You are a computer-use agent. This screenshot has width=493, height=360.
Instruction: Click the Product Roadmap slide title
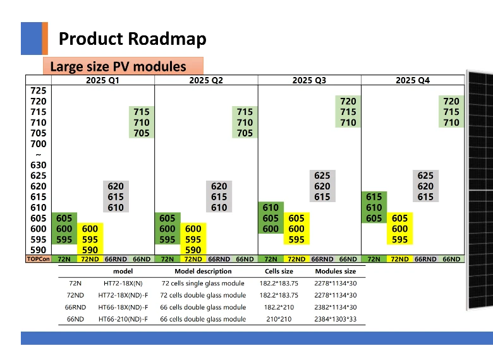point(132,39)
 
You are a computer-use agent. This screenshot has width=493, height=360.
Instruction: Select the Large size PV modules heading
point(118,66)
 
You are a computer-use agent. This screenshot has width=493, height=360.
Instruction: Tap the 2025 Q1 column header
point(102,80)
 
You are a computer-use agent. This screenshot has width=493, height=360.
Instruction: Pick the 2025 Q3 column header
point(309,80)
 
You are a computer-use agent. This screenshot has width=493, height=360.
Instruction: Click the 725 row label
point(38,91)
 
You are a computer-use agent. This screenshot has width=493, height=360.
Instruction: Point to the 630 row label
point(38,165)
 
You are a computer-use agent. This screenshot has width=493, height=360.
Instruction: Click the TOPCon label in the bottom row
point(38,259)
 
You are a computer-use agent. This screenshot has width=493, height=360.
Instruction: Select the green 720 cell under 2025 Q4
point(451,101)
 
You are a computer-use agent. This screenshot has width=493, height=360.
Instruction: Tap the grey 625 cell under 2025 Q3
point(322,176)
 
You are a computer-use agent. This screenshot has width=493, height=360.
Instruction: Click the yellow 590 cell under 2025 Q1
point(89,250)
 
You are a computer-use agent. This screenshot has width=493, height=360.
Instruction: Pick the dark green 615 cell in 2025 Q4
point(374,197)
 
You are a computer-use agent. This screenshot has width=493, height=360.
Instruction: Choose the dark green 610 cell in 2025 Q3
point(271,208)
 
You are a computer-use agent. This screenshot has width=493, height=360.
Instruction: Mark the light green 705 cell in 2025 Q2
point(245,133)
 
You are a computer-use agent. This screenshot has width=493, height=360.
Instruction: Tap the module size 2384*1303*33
point(335,319)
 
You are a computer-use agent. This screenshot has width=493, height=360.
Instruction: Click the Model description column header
point(203,272)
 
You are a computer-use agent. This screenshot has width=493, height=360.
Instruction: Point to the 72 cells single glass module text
point(203,284)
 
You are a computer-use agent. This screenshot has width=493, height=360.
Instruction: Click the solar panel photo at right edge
point(480,189)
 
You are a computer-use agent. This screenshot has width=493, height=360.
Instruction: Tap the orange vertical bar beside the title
point(45,39)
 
